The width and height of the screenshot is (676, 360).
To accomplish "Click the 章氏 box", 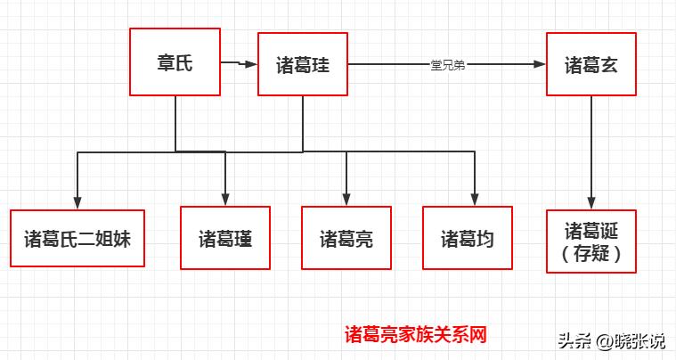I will click(175, 61).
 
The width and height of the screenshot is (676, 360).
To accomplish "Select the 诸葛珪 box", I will click(302, 64).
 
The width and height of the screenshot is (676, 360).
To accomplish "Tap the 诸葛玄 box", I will click(591, 64).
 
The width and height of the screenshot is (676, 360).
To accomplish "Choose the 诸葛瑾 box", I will click(224, 238).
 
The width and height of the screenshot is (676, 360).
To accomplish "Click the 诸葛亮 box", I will click(346, 238).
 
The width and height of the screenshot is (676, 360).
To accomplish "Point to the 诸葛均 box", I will click(467, 238).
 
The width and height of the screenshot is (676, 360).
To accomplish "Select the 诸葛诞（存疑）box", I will click(591, 241).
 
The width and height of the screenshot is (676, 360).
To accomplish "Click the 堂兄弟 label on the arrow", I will click(446, 65).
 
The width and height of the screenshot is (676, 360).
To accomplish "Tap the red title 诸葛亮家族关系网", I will click(416, 335).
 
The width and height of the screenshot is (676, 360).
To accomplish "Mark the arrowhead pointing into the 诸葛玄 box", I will click(540, 64).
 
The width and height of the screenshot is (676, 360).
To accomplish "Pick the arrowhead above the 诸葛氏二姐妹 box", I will click(78, 200).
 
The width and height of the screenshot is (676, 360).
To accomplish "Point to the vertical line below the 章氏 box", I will click(175, 123).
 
